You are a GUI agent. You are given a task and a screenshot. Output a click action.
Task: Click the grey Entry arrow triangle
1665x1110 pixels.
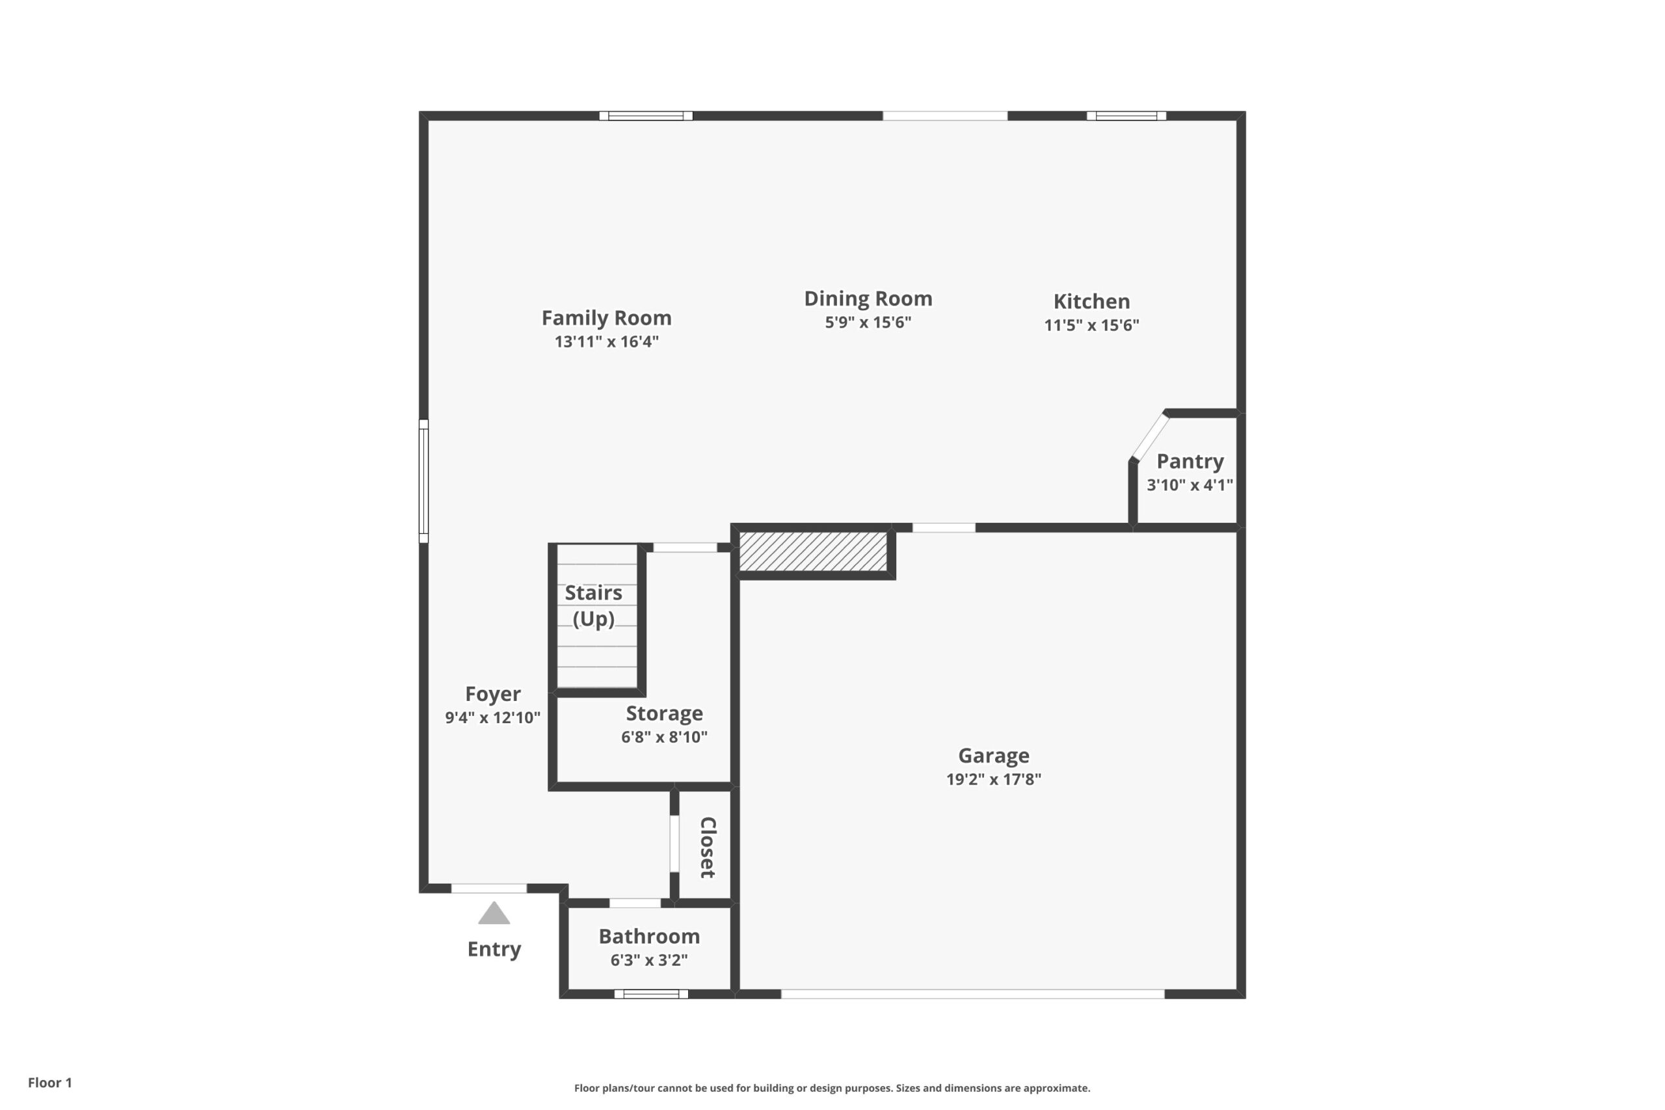click(x=494, y=914)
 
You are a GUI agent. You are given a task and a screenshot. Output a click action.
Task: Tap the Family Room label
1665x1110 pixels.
click(x=607, y=318)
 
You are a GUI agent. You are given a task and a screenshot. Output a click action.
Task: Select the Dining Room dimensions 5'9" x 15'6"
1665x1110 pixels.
click(x=868, y=322)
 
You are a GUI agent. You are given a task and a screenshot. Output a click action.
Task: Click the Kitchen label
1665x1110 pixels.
click(x=1091, y=302)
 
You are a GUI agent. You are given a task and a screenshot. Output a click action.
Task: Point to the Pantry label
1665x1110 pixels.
click(x=1190, y=462)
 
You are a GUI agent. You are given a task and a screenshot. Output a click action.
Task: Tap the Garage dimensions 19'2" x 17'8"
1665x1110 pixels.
click(x=994, y=780)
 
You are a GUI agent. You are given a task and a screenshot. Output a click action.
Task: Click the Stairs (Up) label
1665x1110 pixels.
click(x=593, y=606)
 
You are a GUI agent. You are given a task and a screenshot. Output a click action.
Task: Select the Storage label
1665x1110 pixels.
click(x=664, y=713)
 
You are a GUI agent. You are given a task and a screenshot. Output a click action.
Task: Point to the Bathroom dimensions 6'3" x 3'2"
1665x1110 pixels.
click(x=649, y=960)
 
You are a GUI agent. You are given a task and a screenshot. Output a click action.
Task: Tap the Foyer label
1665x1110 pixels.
click(x=493, y=694)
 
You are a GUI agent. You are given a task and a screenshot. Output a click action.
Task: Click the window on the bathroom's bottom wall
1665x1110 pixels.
click(x=651, y=994)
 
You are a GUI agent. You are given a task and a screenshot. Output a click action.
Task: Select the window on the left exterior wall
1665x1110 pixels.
click(x=423, y=481)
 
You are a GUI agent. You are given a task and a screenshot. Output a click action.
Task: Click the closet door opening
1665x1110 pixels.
click(x=674, y=844)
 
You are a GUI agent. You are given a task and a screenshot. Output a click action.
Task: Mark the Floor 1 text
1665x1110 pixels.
click(x=50, y=1083)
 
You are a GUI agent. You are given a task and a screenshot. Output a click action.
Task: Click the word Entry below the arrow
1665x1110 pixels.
click(x=494, y=949)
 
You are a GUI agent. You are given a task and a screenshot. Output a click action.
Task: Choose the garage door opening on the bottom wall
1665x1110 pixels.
click(x=973, y=994)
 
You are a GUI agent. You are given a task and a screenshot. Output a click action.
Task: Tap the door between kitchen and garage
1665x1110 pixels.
click(x=944, y=527)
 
